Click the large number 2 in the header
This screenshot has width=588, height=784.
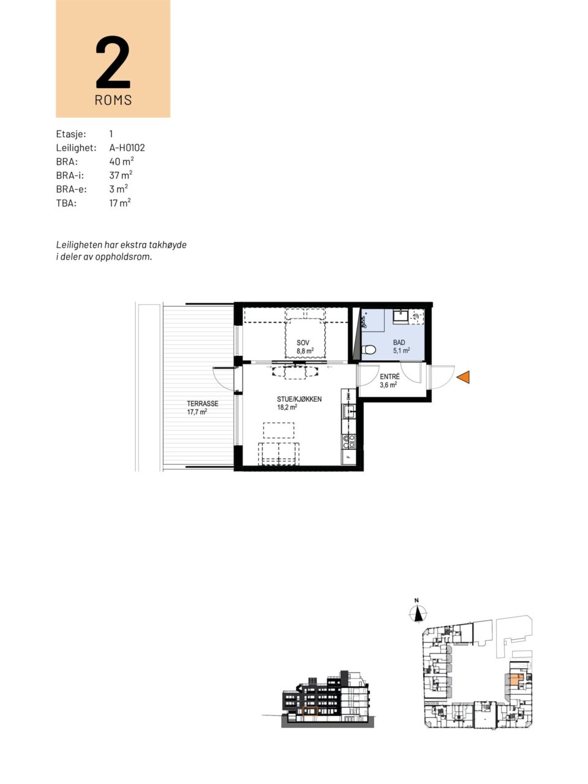[113, 61]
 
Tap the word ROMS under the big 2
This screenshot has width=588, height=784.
[113, 100]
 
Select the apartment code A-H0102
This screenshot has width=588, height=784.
[127, 148]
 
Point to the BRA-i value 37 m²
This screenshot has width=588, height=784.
[121, 175]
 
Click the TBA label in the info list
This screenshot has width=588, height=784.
[66, 203]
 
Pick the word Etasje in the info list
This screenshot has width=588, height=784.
[71, 134]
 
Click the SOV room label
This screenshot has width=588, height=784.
[303, 343]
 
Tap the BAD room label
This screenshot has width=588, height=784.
[399, 342]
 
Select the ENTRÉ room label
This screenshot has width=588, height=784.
[390, 377]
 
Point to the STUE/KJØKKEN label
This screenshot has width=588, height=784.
[299, 399]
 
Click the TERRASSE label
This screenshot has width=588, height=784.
[202, 404]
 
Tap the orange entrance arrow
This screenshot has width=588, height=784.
[463, 377]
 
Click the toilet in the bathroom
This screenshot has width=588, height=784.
[369, 350]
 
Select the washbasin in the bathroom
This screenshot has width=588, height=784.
[402, 317]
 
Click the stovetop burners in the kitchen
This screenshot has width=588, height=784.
[349, 442]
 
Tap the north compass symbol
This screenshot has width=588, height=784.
[417, 614]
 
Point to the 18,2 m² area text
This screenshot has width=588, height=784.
[287, 407]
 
